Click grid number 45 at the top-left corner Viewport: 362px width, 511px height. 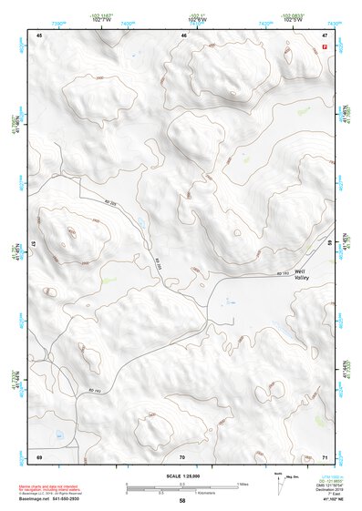(40, 36)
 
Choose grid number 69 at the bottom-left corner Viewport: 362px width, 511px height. (39, 455)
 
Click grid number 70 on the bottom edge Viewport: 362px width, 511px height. (182, 455)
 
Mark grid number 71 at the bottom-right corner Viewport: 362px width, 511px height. (325, 455)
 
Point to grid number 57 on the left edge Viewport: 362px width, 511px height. (34, 244)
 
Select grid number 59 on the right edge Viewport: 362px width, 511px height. (329, 244)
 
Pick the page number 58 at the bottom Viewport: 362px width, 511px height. (182, 501)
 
